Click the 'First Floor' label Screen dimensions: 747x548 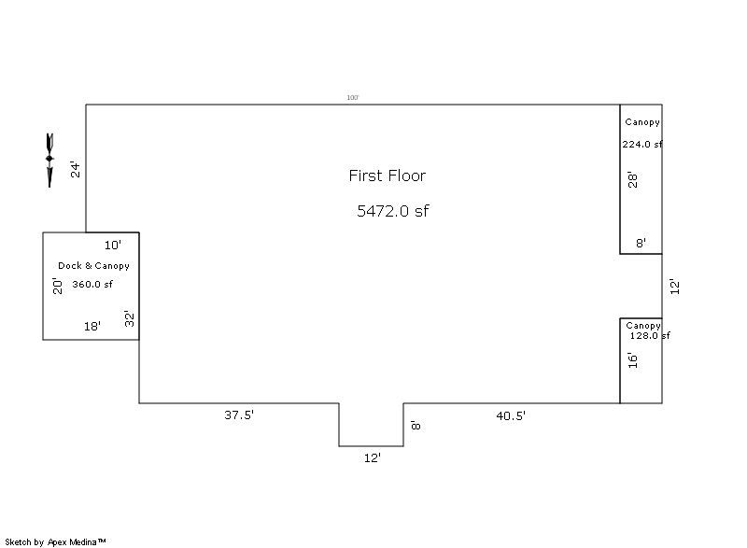[x=388, y=176]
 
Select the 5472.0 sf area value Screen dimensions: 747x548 [x=393, y=210]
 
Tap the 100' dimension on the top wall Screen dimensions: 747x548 [x=353, y=98]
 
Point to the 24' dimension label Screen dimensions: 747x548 [x=76, y=170]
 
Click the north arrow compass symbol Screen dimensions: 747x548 [x=49, y=161]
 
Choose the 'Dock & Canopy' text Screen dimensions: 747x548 [x=94, y=266]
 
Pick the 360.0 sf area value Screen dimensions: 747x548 [x=92, y=284]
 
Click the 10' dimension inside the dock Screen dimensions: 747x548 [x=113, y=246]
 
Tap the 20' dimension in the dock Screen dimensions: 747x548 [x=57, y=286]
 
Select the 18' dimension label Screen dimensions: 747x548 [x=92, y=326]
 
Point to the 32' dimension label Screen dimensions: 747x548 [x=130, y=318]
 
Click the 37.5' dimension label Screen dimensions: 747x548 [x=239, y=415]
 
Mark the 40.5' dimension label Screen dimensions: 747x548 [x=511, y=415]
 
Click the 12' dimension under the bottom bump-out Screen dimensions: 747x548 [x=373, y=458]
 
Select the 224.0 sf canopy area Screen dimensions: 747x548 [x=642, y=144]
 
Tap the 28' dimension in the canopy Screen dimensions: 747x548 [x=632, y=179]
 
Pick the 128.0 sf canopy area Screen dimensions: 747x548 [x=650, y=336]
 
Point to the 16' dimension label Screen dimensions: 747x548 [x=632, y=360]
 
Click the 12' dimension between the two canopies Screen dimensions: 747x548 [x=674, y=287]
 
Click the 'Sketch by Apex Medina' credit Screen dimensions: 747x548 [x=55, y=541]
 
